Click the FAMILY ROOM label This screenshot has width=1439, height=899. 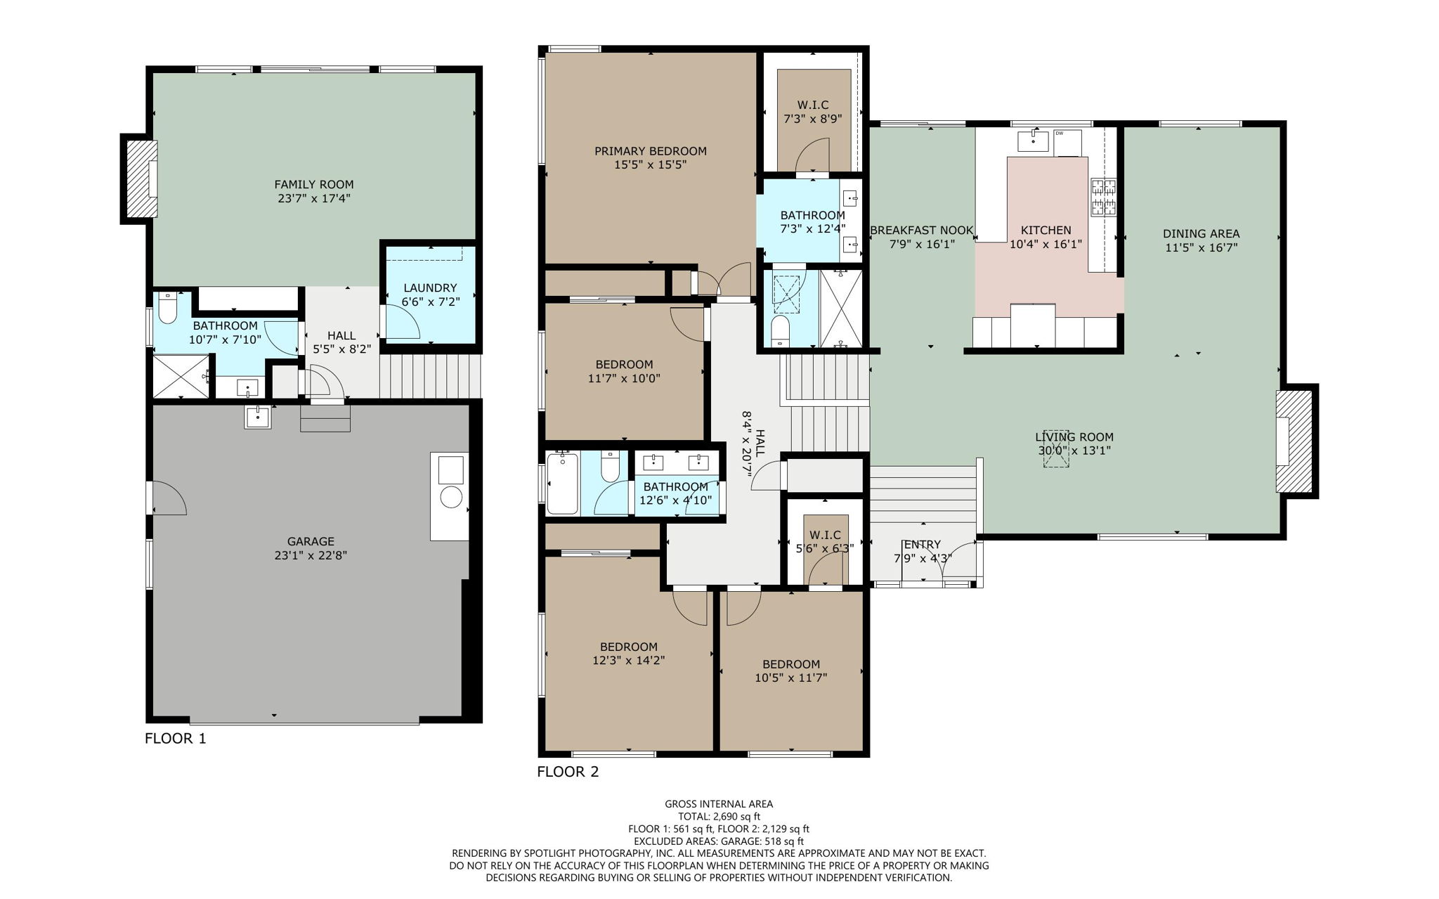pos(313,185)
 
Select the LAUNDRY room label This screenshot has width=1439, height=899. pos(430,287)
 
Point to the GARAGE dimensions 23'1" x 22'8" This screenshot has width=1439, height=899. pos(311,555)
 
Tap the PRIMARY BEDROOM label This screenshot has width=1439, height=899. pos(650,151)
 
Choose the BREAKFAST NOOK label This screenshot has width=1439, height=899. pos(921,231)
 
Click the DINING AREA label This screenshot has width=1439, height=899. pos(1201,234)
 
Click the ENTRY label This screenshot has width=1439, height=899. pos(922,545)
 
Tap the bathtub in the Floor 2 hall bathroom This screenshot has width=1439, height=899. pos(563,483)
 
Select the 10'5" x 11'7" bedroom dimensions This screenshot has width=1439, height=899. pos(791,678)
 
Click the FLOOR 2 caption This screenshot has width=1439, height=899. pos(568,772)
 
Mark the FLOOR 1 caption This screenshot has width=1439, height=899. pos(176,738)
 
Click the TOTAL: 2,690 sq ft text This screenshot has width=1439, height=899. pos(718,816)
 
